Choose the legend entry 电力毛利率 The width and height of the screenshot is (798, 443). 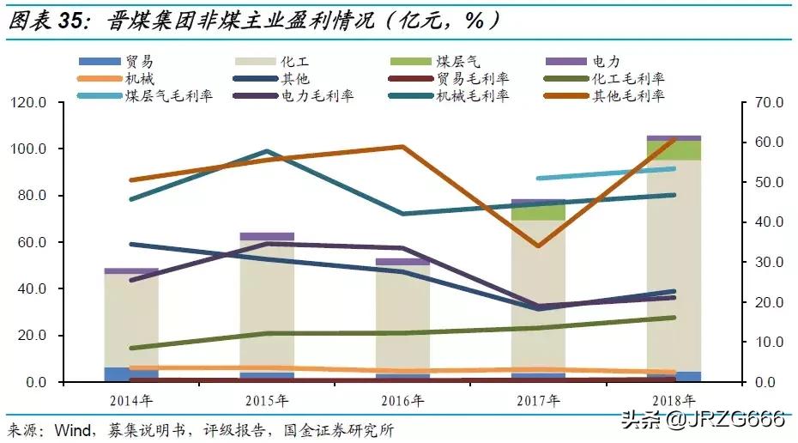[317, 95]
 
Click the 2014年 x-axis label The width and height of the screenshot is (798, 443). [131, 401]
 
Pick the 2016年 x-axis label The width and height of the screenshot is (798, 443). [402, 401]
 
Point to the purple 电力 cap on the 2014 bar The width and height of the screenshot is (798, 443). [131, 270]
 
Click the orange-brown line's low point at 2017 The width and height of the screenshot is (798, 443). [538, 246]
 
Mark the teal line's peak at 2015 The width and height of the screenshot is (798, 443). [267, 152]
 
